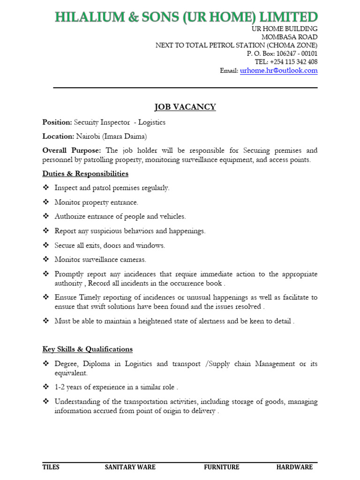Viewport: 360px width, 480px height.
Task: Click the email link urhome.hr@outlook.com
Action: pyautogui.click(x=278, y=71)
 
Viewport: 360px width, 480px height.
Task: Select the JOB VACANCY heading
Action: pyautogui.click(x=186, y=107)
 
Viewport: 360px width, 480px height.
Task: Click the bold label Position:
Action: pyautogui.click(x=57, y=122)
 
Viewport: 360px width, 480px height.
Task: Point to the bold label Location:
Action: pyautogui.click(x=58, y=136)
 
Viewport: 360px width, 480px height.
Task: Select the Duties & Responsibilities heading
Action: pyautogui.click(x=85, y=173)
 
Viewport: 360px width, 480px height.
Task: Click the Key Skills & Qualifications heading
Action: pyautogui.click(x=87, y=349)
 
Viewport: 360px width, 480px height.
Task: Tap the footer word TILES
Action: pyautogui.click(x=51, y=467)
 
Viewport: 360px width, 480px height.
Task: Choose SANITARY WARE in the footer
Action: pyautogui.click(x=130, y=467)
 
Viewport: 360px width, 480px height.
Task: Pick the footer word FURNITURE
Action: pyautogui.click(x=221, y=467)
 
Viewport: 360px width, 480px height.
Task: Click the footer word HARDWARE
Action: pyautogui.click(x=294, y=467)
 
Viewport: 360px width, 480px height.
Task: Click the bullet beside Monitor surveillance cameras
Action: pyautogui.click(x=46, y=259)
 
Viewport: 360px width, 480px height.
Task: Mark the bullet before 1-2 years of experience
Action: pyautogui.click(x=46, y=387)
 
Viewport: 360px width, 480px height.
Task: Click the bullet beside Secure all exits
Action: pyautogui.click(x=46, y=245)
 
